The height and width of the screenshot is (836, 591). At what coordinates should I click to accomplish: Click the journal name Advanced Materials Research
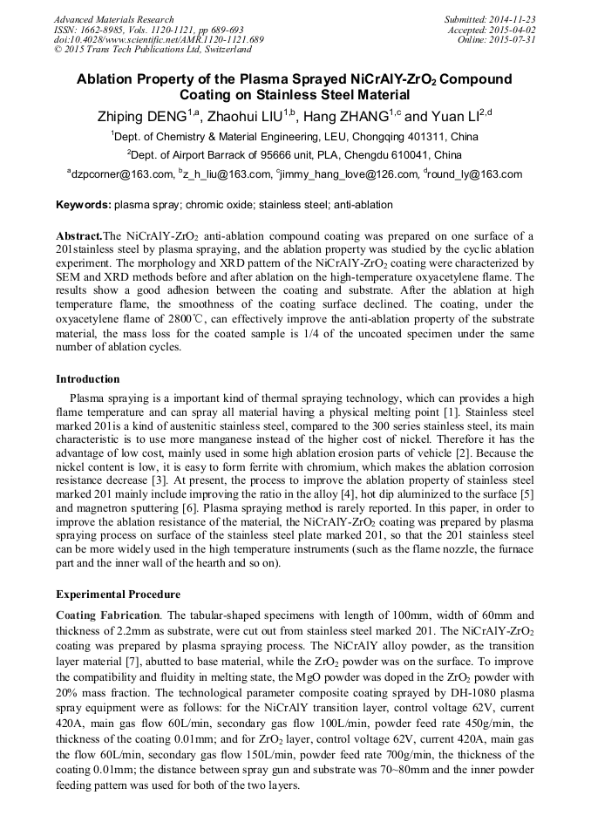[x=113, y=19]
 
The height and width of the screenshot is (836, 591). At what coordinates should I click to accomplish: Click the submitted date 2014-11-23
[x=513, y=19]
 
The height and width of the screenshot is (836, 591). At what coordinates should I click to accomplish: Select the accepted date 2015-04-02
[x=513, y=30]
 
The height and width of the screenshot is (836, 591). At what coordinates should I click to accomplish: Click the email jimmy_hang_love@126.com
[x=348, y=174]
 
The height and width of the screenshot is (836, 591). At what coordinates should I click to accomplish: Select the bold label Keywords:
[x=84, y=205]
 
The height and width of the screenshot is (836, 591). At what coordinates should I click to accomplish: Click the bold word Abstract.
[x=78, y=236]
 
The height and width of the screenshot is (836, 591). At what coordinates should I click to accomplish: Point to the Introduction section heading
[x=88, y=379]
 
